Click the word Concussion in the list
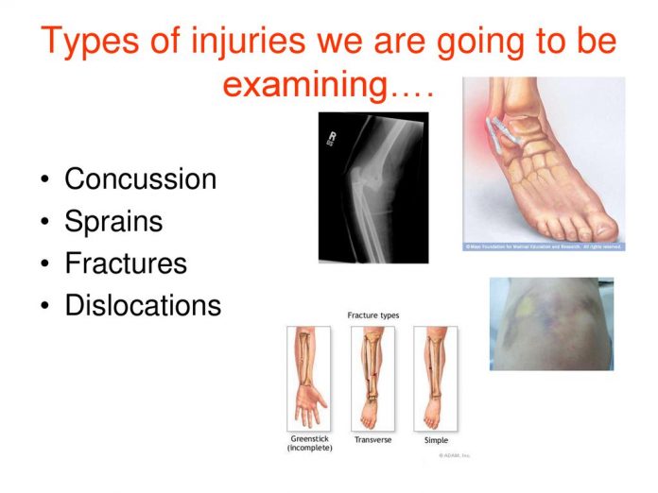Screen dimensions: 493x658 pyautogui.click(x=140, y=178)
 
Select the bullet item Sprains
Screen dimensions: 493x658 pyautogui.click(x=113, y=221)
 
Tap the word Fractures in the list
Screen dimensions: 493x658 pyautogui.click(x=126, y=263)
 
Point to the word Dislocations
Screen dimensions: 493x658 pyautogui.click(x=143, y=305)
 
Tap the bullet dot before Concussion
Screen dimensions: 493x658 pyautogui.click(x=44, y=180)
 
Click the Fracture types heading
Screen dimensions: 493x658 pyautogui.click(x=374, y=314)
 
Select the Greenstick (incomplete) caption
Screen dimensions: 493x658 pyautogui.click(x=309, y=443)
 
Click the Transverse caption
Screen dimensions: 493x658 pyautogui.click(x=373, y=439)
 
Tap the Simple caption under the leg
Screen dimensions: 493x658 pyautogui.click(x=436, y=439)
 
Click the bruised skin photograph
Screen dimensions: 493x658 pyautogui.click(x=550, y=323)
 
